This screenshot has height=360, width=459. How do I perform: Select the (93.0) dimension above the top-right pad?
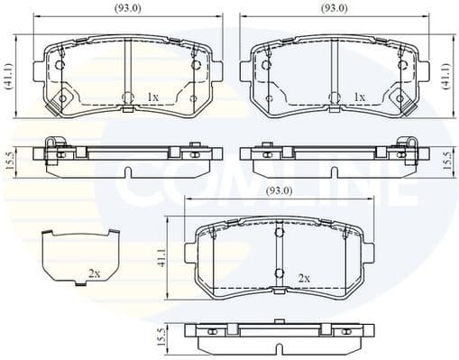[x=335, y=8]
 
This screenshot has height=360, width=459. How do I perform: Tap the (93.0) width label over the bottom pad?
[x=278, y=192]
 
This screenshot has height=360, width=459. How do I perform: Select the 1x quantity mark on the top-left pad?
[x=152, y=97]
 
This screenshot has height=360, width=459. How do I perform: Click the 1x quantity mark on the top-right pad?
[x=360, y=97]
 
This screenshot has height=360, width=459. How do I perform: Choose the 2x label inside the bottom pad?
[x=304, y=277]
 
